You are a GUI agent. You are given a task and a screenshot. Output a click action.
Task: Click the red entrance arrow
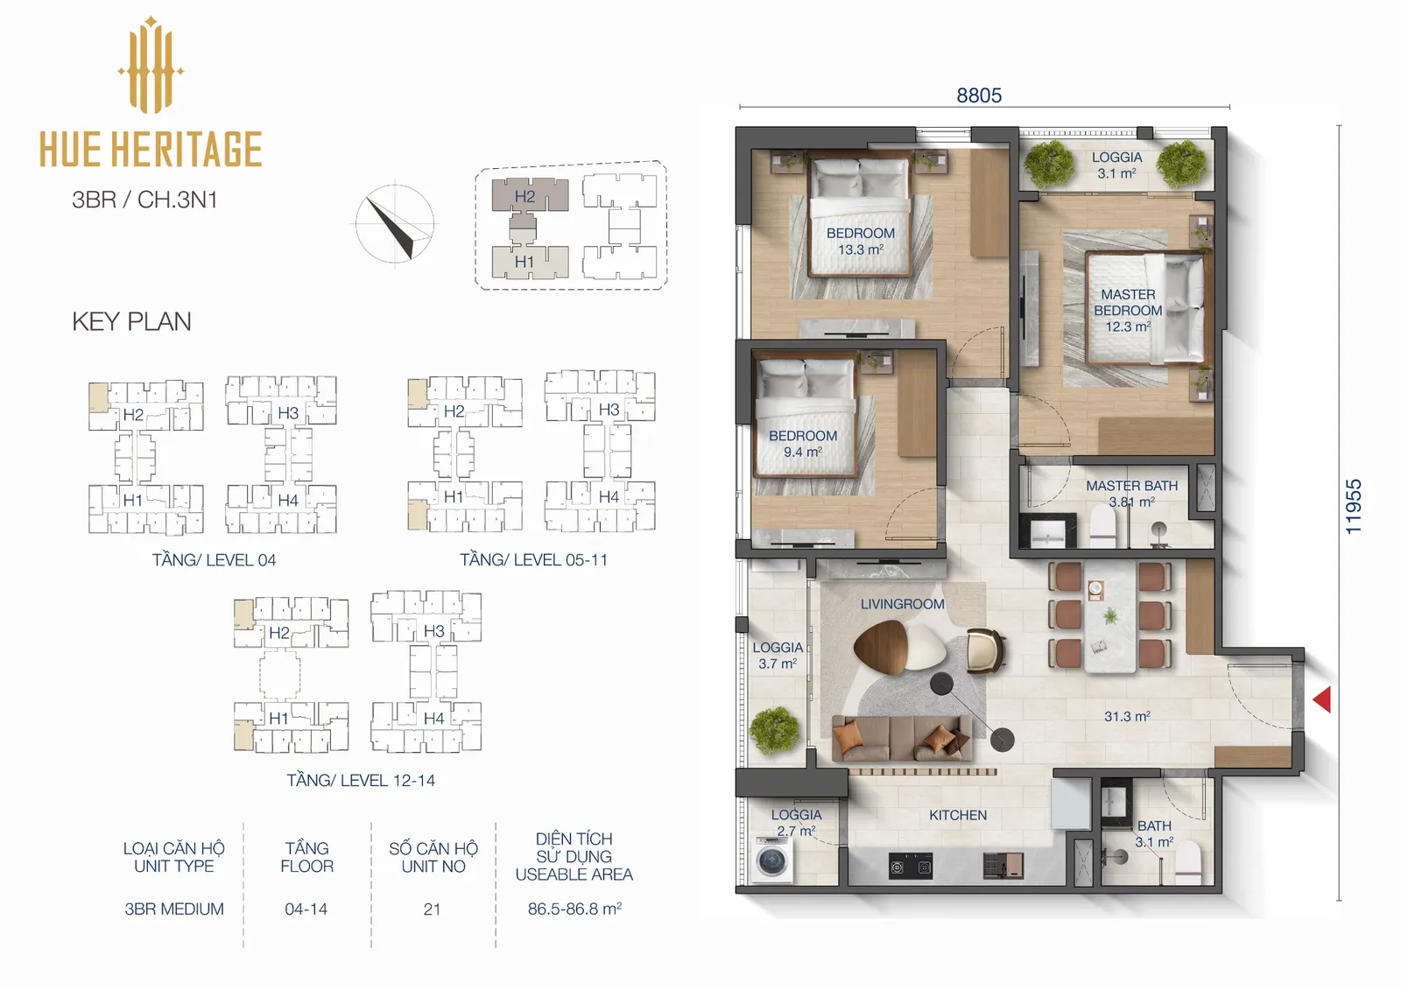click(x=1321, y=699)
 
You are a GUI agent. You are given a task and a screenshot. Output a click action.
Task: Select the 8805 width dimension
click(x=979, y=95)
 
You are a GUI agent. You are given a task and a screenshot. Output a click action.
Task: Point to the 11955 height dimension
click(x=1353, y=507)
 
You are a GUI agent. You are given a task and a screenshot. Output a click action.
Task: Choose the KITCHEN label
click(x=958, y=815)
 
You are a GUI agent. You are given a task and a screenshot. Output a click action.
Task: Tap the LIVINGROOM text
click(x=902, y=604)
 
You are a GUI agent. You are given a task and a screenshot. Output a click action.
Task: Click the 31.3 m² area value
click(x=1127, y=716)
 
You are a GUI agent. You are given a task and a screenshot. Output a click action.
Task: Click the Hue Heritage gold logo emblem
click(x=151, y=65)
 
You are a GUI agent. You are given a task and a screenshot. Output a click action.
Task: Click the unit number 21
click(x=432, y=909)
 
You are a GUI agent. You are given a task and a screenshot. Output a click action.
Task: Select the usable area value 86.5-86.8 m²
click(x=574, y=909)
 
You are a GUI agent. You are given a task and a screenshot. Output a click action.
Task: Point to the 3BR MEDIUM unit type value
click(x=174, y=909)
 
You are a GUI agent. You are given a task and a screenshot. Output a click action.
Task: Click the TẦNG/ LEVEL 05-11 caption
click(x=533, y=559)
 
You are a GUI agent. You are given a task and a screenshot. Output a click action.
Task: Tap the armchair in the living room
click(x=985, y=651)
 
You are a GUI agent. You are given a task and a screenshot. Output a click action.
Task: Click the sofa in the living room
click(x=901, y=739)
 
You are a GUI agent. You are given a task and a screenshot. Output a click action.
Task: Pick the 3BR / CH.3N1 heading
click(x=144, y=200)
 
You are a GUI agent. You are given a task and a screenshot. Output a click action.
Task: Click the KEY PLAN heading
click(x=131, y=321)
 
